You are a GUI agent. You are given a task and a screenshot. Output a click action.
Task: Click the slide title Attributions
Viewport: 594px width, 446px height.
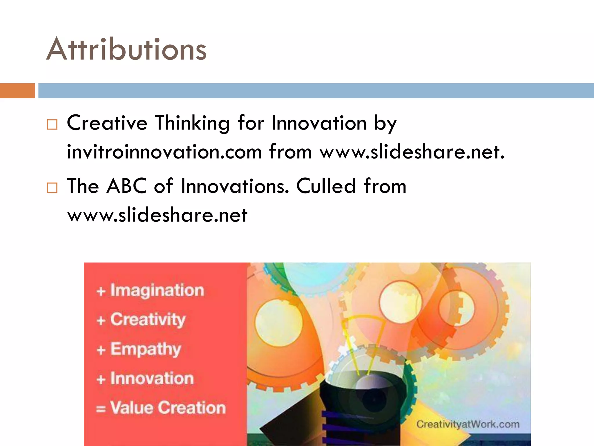[x=126, y=49]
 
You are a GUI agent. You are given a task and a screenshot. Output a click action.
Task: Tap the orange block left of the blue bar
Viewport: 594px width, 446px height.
[x=17, y=91]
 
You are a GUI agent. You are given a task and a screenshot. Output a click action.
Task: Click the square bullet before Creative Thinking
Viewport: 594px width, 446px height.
[x=52, y=125]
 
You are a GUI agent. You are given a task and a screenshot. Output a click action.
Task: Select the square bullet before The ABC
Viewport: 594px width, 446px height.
[x=52, y=188]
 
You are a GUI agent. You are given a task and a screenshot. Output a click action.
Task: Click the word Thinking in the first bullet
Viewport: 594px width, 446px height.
[x=192, y=123]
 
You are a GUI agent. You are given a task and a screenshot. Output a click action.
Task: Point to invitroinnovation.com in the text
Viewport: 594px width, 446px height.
[x=164, y=152]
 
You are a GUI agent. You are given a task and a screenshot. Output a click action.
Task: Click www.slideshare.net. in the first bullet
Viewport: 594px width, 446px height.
[x=412, y=152]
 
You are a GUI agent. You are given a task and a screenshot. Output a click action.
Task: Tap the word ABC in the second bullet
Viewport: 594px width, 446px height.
[x=127, y=186]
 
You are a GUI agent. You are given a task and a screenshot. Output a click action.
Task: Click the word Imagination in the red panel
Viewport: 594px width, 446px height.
[x=157, y=290]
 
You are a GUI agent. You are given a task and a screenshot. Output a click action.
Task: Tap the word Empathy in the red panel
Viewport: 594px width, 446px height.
[x=146, y=349]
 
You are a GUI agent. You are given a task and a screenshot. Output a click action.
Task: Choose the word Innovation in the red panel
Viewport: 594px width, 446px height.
[x=152, y=378]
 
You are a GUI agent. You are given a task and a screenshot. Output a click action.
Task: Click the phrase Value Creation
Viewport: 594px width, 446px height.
[x=168, y=408]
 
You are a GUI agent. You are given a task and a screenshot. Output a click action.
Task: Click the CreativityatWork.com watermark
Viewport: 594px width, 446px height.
[x=468, y=424]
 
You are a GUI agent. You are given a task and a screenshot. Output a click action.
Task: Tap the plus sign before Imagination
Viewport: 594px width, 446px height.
[x=101, y=291]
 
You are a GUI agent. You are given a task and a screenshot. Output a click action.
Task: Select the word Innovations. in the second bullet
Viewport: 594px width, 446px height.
[x=235, y=186]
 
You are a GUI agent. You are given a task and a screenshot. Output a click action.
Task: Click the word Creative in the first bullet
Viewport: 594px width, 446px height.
[x=107, y=123]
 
